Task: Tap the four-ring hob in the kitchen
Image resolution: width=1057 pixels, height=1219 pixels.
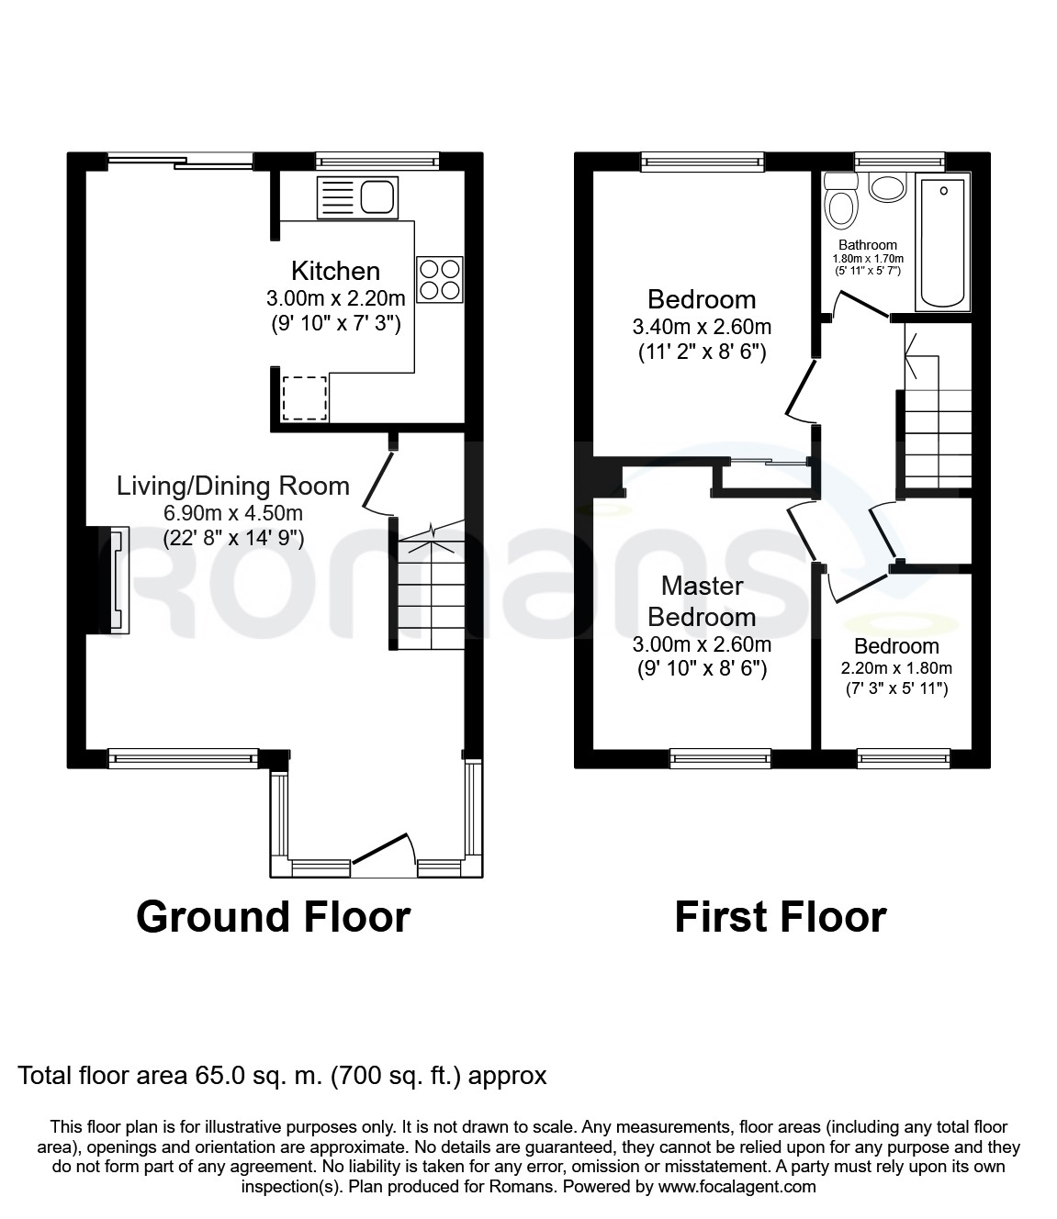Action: (x=439, y=278)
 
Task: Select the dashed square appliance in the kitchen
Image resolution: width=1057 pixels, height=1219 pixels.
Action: (x=304, y=397)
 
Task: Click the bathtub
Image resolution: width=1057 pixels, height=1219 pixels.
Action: (x=941, y=243)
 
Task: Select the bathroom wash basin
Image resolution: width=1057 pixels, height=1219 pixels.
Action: (x=887, y=188)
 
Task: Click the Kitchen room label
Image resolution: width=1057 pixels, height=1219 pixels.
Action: (x=335, y=271)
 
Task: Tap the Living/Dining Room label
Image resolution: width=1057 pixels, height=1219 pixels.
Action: (x=233, y=486)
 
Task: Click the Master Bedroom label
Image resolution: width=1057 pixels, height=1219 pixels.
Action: (x=703, y=600)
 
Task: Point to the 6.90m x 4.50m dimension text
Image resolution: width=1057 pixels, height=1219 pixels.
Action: (x=233, y=513)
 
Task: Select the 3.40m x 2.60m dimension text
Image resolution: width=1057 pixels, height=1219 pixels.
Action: (x=702, y=327)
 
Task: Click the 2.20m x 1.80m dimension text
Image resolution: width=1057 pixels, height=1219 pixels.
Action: (x=896, y=668)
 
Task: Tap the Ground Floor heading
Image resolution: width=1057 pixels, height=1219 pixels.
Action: (x=273, y=916)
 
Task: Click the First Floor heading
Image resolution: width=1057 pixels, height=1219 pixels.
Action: (x=780, y=916)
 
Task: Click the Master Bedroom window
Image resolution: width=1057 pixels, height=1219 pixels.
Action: (x=720, y=758)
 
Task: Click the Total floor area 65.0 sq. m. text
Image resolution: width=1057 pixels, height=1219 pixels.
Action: (x=282, y=1075)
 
